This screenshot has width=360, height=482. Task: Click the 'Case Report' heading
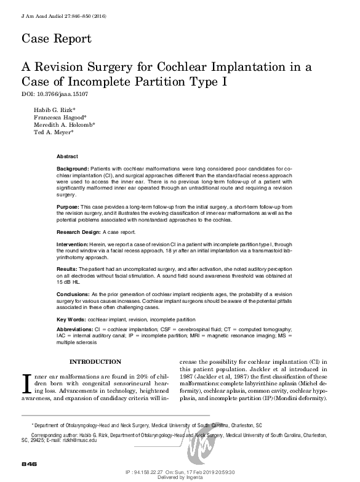[57, 38]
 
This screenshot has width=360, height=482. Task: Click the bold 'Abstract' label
[67, 157]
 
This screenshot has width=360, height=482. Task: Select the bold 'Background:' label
[73, 167]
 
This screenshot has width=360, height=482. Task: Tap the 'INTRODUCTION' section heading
[95, 361]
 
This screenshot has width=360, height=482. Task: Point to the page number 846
[30, 464]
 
